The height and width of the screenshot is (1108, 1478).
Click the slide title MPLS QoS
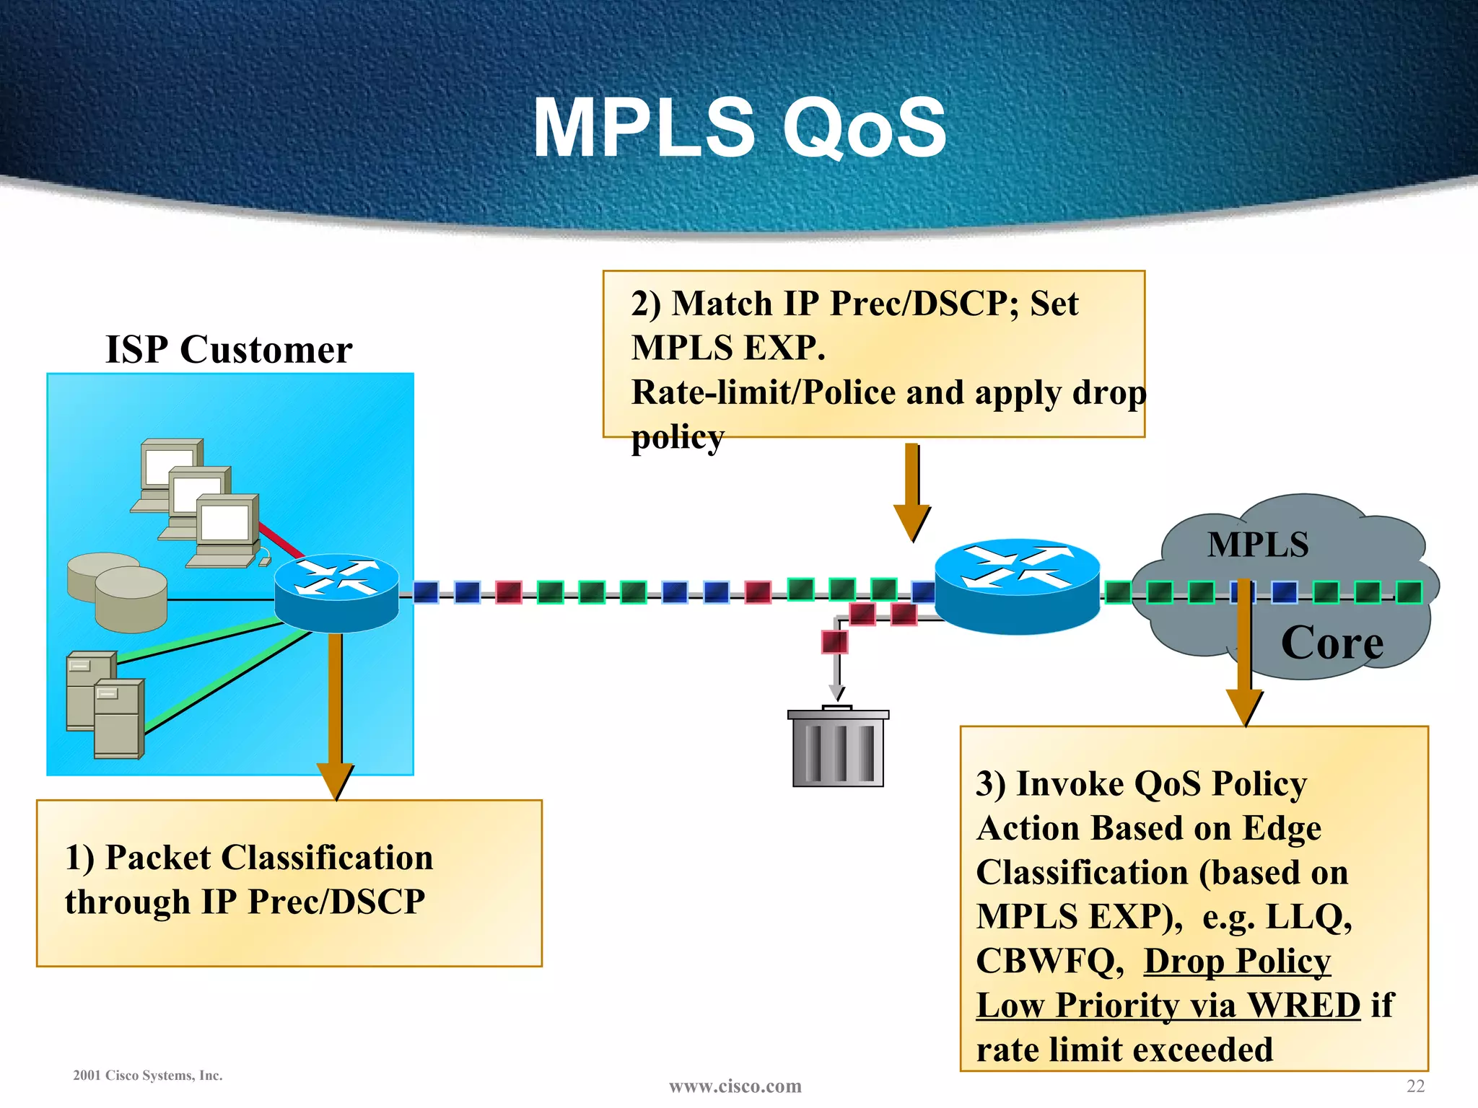pos(739,128)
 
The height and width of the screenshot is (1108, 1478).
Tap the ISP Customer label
pos(229,350)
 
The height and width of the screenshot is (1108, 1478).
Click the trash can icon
pos(838,748)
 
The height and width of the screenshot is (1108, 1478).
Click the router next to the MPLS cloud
pos(1017,586)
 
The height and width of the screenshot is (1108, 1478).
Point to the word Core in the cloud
pos(1331,643)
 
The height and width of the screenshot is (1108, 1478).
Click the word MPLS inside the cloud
pos(1258,545)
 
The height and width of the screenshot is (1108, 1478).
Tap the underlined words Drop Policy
pos(1237,962)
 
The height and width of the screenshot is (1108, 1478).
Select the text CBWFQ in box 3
pos(1045,962)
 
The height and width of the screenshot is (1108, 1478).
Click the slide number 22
pos(1415,1086)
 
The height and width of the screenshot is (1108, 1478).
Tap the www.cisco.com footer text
pos(735,1086)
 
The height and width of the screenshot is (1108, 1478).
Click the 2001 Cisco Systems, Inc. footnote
pos(148,1076)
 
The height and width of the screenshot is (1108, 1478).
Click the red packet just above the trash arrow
pos(834,641)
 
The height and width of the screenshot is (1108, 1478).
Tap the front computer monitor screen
pos(224,522)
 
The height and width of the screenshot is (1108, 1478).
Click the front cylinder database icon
pos(131,599)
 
